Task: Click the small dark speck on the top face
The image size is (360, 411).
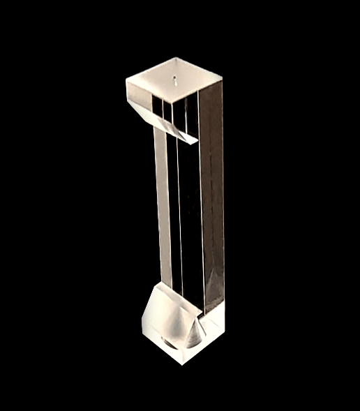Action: [173, 72]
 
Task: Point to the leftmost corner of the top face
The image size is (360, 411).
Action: [126, 80]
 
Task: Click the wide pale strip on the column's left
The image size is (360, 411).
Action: [163, 202]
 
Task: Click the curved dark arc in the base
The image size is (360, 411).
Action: [168, 343]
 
